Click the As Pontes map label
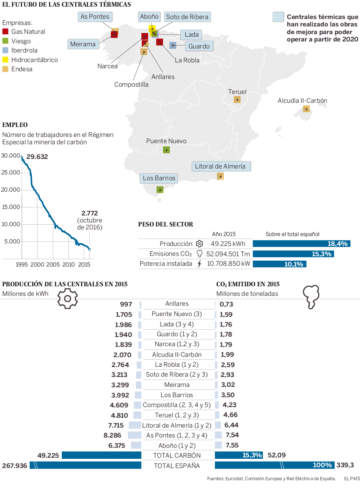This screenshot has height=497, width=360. (x=95, y=17)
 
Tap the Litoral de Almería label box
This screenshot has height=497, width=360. (x=221, y=166)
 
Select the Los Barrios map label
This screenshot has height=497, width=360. (x=159, y=178)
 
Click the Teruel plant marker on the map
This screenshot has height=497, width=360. (x=237, y=99)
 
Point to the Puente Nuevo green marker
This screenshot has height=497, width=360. (x=166, y=150)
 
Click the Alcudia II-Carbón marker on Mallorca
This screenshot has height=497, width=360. (x=306, y=109)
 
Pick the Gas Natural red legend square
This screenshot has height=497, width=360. (x=5, y=32)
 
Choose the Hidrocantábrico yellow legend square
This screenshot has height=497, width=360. (x=5, y=59)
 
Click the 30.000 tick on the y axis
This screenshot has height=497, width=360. (x=11, y=156)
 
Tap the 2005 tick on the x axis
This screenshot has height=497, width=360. (x=53, y=264)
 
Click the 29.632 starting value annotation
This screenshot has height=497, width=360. (x=37, y=157)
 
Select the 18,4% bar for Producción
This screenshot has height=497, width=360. (x=301, y=244)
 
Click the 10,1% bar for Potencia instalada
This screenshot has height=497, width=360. (x=279, y=264)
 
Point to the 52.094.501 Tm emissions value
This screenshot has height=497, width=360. (x=228, y=254)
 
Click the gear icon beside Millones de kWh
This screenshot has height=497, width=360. (x=68, y=298)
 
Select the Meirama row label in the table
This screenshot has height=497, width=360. (x=177, y=385)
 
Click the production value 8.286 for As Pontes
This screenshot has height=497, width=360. (x=112, y=435)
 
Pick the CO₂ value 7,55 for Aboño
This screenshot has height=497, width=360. (x=232, y=445)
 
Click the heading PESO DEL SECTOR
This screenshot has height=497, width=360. (x=165, y=224)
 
